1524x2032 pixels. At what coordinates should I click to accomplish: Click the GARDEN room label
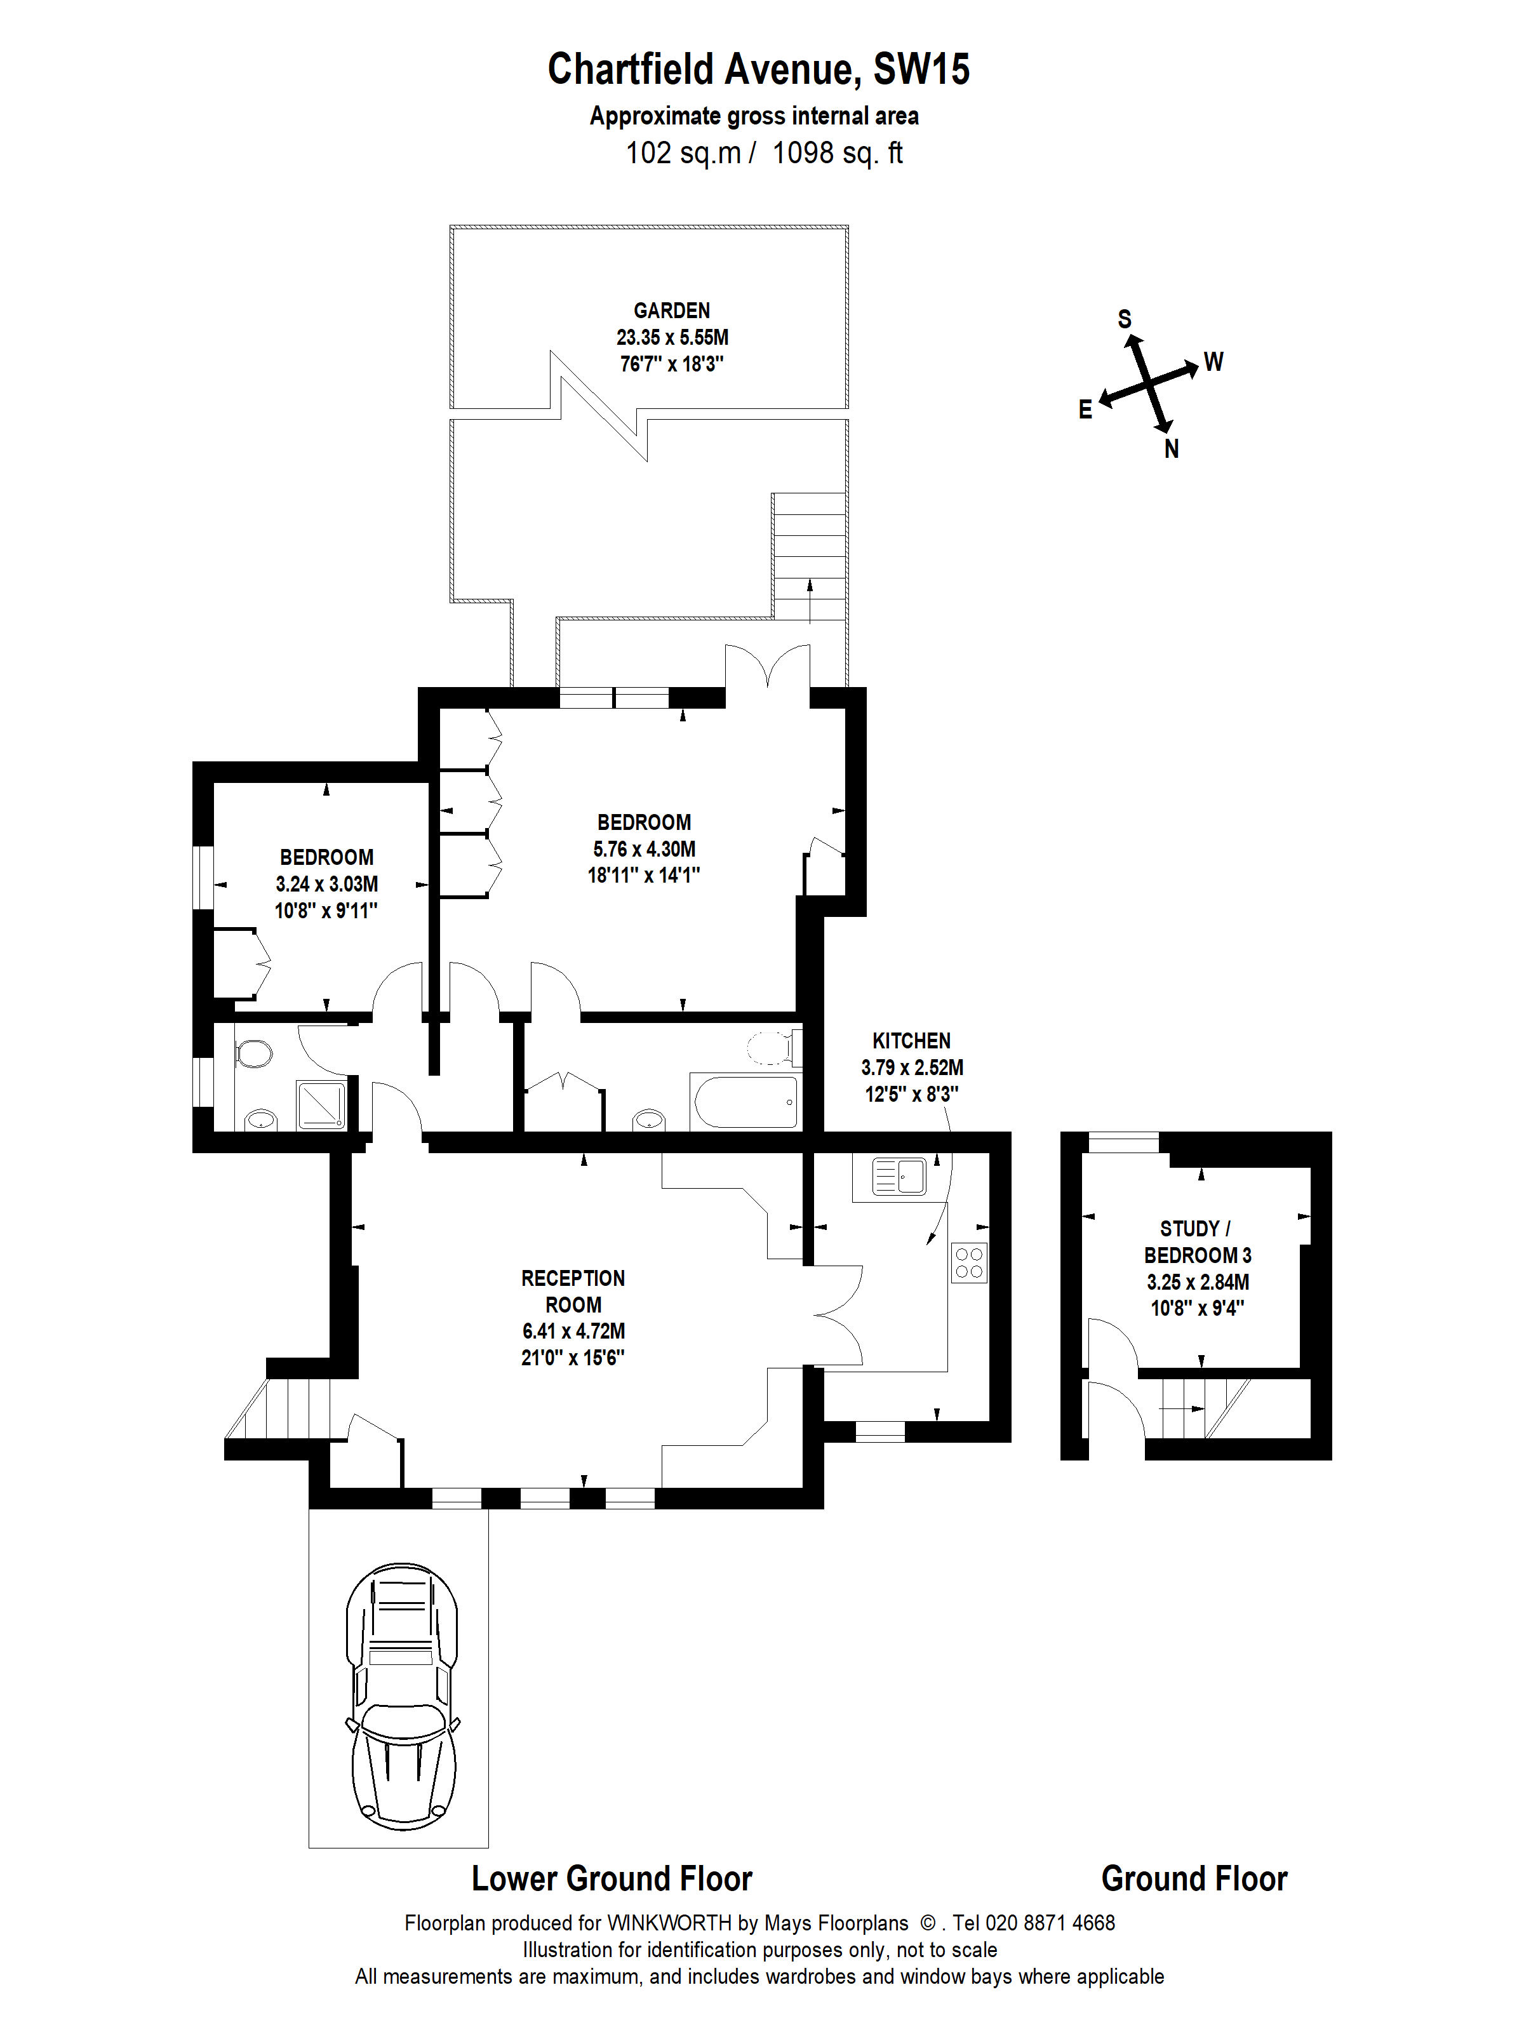(x=672, y=311)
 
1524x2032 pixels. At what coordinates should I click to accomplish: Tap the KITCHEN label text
(x=911, y=1041)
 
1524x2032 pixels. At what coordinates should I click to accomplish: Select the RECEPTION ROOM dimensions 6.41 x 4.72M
(x=573, y=1330)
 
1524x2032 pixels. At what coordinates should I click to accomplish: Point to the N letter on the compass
(x=1171, y=449)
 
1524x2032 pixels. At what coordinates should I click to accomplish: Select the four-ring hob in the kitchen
(x=969, y=1262)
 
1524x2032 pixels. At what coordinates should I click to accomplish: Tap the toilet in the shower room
(x=253, y=1053)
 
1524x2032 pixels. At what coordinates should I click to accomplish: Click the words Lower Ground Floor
(x=612, y=1878)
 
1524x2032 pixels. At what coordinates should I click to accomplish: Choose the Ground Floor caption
(x=1194, y=1878)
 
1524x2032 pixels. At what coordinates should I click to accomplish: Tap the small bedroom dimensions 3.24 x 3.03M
(x=326, y=884)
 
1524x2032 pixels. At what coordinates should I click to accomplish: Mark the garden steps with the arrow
(x=808, y=558)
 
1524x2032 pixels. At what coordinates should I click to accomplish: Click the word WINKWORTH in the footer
(x=669, y=1923)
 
